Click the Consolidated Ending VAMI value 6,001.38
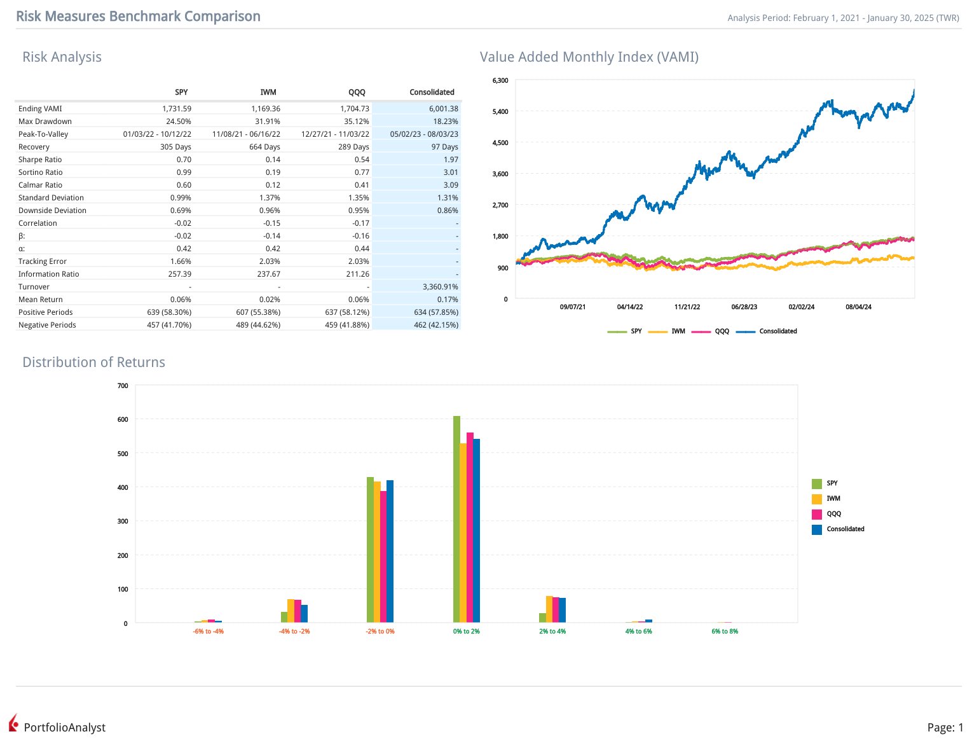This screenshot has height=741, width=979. point(443,109)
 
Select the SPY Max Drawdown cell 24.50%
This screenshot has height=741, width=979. point(179,121)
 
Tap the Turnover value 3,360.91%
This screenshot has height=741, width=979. point(440,287)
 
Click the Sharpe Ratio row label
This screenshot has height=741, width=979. point(40,160)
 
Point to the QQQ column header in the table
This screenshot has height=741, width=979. point(357,92)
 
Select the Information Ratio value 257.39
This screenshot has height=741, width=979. point(179,274)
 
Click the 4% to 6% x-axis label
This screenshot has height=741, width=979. point(638,632)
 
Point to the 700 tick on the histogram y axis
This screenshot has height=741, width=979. point(123,386)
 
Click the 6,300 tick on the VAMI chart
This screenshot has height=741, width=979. point(500,81)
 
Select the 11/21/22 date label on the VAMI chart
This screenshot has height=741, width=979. point(687,307)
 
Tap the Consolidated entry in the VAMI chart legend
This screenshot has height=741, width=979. point(777,331)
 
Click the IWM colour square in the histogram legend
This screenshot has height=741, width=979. point(817,499)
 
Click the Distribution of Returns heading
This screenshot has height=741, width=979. point(93,363)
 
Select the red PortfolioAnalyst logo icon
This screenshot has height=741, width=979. point(13,723)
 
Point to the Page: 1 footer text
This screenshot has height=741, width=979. point(945,728)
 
